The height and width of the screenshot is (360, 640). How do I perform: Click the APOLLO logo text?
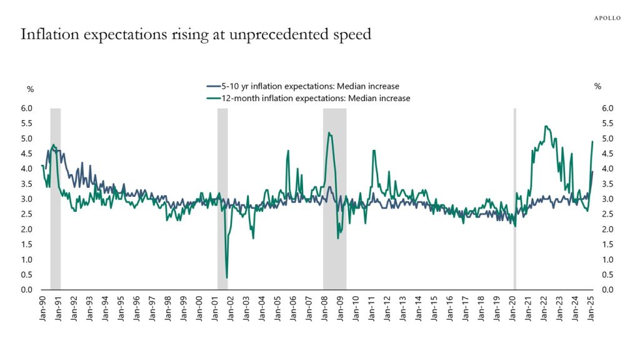click(x=607, y=18)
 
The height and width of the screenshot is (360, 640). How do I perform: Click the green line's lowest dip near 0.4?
click(x=226, y=277)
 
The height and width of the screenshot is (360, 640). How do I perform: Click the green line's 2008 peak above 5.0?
click(x=329, y=132)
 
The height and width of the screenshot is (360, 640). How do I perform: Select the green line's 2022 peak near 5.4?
click(x=546, y=126)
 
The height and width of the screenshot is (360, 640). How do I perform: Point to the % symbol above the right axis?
click(x=597, y=86)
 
